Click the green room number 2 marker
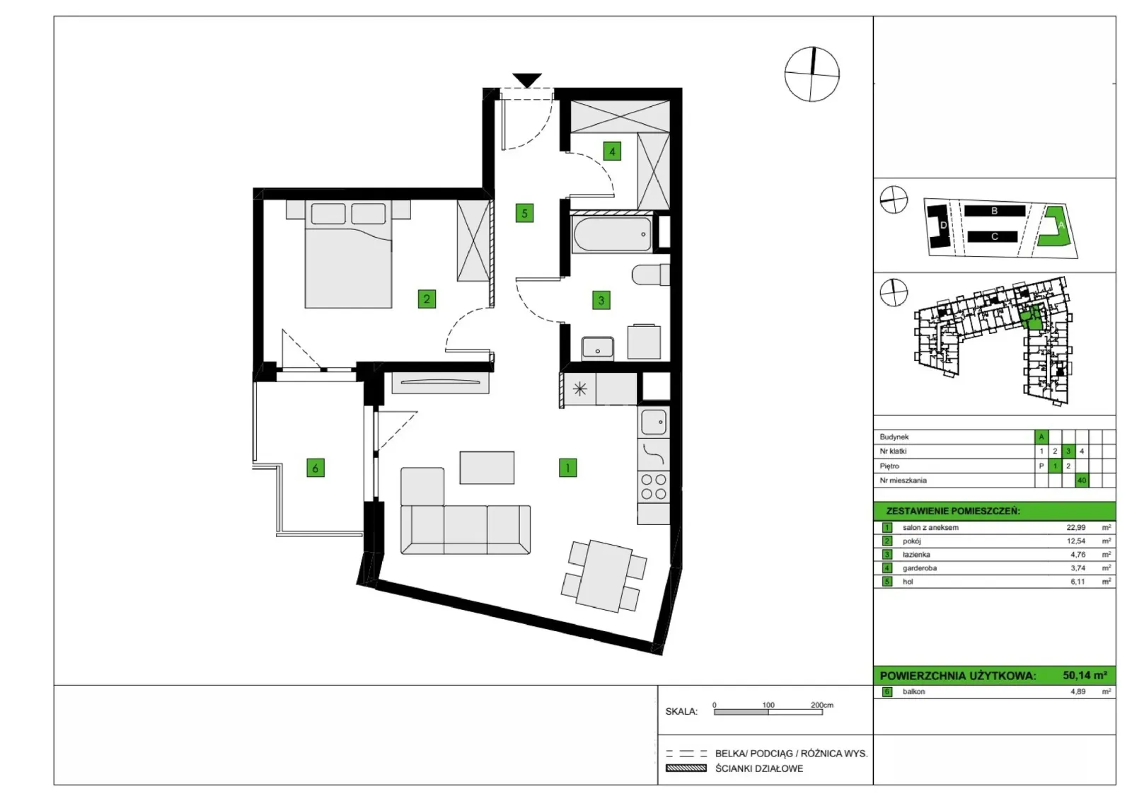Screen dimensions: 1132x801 point(427,299)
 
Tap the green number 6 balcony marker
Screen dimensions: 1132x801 point(316,468)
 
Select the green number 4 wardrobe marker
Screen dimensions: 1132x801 point(612,151)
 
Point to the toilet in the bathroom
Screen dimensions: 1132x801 point(651,275)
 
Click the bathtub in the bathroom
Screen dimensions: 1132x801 point(613,234)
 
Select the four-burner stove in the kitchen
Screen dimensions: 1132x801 point(654,487)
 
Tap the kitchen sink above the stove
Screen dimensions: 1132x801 point(654,422)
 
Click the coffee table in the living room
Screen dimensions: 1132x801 point(487,468)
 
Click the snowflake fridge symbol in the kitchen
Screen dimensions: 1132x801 point(579,389)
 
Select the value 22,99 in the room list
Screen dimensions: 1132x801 point(1076,528)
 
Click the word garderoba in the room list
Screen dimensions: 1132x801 point(920,568)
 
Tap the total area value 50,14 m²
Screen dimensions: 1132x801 point(1085,675)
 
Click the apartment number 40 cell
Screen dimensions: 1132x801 point(1082,480)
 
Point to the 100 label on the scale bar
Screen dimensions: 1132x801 point(768,705)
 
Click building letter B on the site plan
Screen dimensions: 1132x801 point(994,211)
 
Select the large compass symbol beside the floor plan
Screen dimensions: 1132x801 point(812,74)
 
